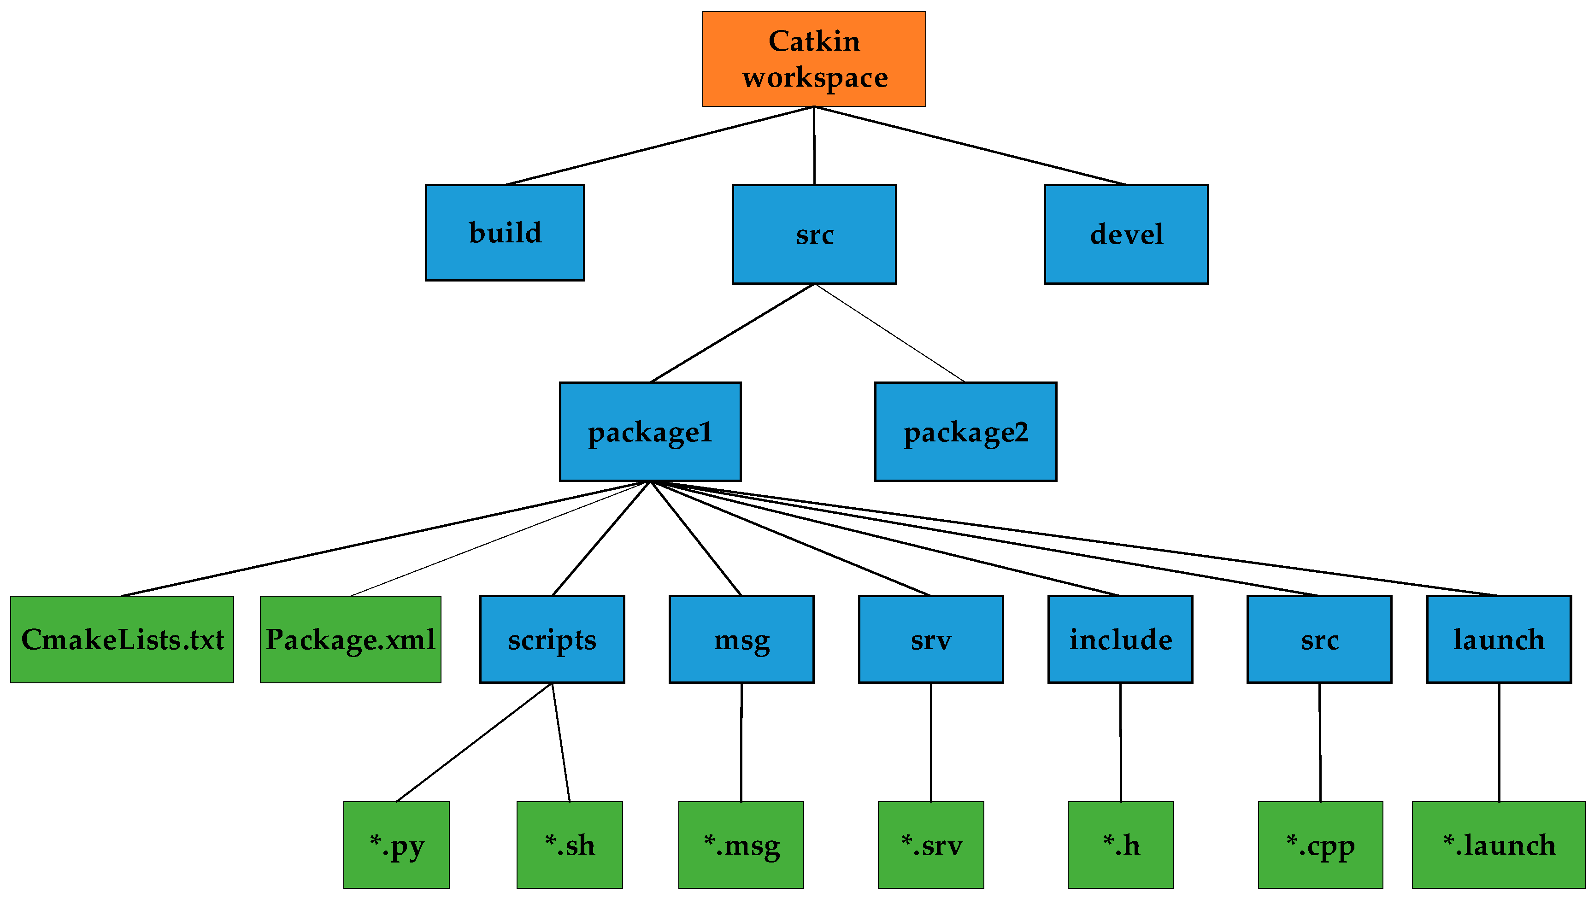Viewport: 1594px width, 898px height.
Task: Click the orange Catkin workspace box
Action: (x=814, y=59)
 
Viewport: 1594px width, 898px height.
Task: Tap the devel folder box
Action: (x=1126, y=234)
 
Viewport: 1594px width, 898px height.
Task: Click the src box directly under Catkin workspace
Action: (x=814, y=234)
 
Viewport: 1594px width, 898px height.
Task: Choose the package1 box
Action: (x=650, y=431)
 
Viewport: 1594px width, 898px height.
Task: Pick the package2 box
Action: (x=965, y=431)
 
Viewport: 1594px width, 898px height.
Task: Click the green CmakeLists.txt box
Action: (x=122, y=640)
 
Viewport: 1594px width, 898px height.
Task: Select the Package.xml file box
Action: (x=350, y=640)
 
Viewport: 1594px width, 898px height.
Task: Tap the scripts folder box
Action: (x=552, y=640)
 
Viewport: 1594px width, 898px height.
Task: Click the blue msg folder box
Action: (x=741, y=640)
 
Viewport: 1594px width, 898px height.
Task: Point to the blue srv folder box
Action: (x=931, y=640)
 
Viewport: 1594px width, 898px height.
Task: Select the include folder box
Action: (x=1120, y=640)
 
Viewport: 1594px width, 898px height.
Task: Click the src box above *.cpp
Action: (x=1319, y=640)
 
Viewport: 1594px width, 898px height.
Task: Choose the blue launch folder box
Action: (x=1499, y=640)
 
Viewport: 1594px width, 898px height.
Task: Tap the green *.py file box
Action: (x=396, y=845)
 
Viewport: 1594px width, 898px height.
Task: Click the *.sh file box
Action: (x=569, y=845)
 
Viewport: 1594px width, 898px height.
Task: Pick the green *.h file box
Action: (x=1121, y=845)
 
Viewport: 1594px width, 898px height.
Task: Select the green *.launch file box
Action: (x=1499, y=845)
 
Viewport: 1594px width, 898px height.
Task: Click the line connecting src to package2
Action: (x=890, y=333)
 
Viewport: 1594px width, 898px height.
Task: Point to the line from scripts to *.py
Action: (x=474, y=743)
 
